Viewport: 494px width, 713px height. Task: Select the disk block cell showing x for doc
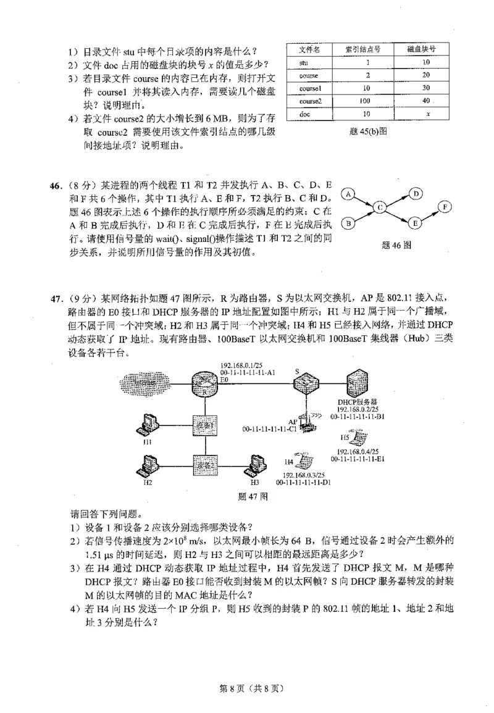427,114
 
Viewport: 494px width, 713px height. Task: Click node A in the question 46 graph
348,194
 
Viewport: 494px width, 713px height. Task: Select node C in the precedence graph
380,208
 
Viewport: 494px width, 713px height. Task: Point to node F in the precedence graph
444,207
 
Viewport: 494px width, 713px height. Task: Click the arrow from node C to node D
398,201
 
